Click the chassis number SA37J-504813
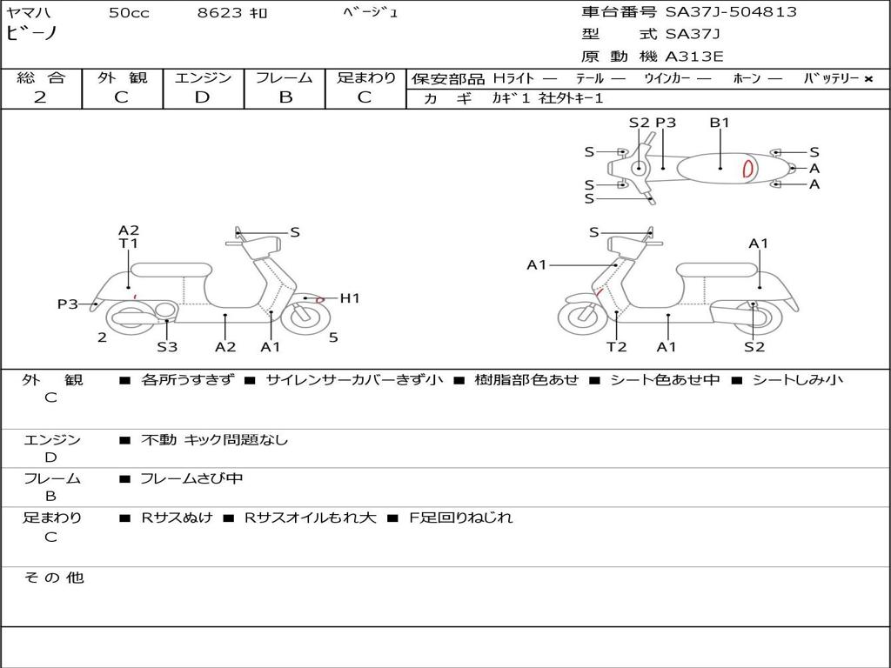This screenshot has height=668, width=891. (731, 12)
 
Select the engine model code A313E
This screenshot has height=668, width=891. (693, 57)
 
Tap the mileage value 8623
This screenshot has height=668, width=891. (219, 12)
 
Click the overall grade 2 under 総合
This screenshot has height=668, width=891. (40, 97)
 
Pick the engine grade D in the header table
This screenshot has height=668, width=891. (202, 97)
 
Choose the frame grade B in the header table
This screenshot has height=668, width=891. (285, 97)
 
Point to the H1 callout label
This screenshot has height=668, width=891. (350, 297)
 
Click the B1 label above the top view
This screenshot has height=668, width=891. (720, 122)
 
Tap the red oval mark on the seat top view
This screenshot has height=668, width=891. (748, 168)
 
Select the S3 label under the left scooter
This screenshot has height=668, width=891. (167, 346)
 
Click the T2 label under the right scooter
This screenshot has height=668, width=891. (616, 346)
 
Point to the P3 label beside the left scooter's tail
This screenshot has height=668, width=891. (68, 304)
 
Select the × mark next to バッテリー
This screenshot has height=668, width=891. (868, 79)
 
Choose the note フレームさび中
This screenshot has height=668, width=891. (191, 478)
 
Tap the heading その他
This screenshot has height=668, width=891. (53, 578)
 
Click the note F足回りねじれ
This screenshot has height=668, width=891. (461, 518)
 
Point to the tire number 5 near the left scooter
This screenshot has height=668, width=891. (333, 337)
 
